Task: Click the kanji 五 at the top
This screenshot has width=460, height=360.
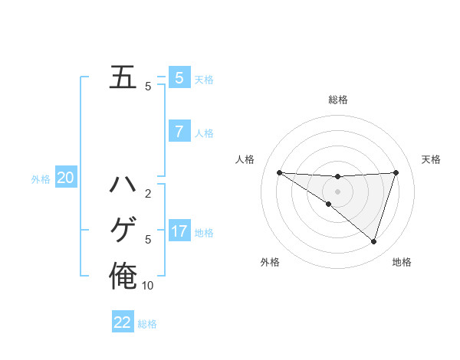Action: [123, 77]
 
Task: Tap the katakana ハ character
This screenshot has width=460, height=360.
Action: [123, 185]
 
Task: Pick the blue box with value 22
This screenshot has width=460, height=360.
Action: [123, 322]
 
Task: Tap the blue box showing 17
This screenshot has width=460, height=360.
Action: [179, 231]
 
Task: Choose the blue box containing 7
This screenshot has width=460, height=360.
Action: [179, 132]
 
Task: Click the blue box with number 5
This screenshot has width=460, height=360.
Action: [179, 77]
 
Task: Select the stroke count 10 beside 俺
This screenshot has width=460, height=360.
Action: [148, 286]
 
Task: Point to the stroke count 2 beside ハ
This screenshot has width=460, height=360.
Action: [148, 194]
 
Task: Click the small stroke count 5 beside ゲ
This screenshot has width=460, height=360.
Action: [148, 240]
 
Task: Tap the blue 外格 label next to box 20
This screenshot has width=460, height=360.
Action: [41, 179]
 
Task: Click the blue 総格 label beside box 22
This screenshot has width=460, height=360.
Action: [147, 324]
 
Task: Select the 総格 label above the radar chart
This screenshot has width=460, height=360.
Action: [337, 100]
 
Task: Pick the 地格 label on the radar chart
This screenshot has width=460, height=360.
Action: [402, 263]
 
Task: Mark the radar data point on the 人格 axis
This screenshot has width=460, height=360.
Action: [279, 172]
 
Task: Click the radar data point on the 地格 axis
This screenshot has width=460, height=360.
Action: [374, 241]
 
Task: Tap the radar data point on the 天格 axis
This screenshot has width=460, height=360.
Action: [396, 172]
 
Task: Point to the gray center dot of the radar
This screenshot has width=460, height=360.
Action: [337, 191]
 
